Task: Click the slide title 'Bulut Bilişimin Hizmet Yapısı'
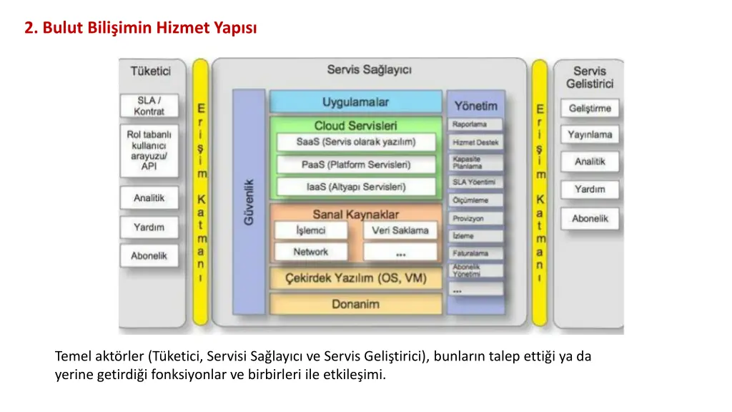(x=140, y=28)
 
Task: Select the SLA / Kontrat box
(x=149, y=106)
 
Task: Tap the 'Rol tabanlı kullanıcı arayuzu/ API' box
(x=149, y=150)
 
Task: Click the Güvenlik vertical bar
(x=249, y=202)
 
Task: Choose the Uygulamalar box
(x=355, y=102)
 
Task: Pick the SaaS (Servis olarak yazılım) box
(x=355, y=142)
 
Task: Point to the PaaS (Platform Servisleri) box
(x=355, y=165)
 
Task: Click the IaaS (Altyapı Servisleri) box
(x=355, y=187)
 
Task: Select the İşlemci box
(x=311, y=230)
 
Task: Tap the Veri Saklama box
(x=400, y=230)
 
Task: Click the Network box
(x=311, y=252)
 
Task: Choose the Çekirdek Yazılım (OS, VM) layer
(x=355, y=278)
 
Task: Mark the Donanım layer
(x=355, y=304)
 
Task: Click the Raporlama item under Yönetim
(x=476, y=124)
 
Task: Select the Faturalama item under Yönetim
(x=476, y=253)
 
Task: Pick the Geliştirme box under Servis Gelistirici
(x=590, y=109)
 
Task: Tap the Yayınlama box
(x=590, y=134)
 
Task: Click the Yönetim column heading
(x=475, y=105)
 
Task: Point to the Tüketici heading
(x=150, y=71)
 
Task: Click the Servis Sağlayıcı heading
(x=369, y=69)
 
